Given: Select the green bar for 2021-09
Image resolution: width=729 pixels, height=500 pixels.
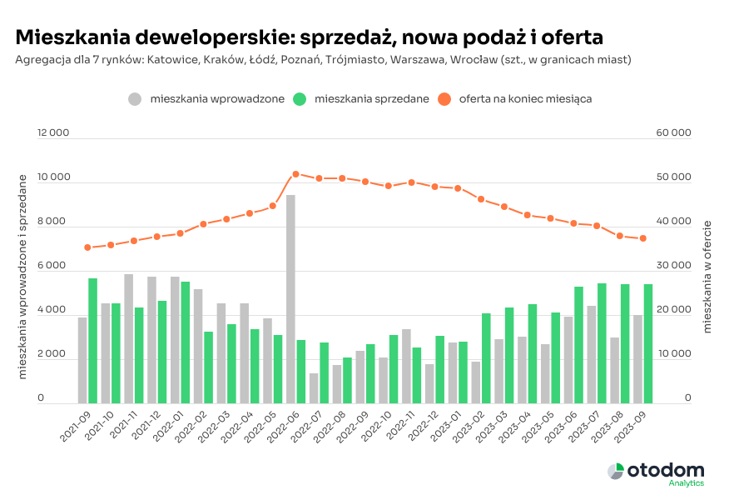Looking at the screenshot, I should click(x=93, y=340).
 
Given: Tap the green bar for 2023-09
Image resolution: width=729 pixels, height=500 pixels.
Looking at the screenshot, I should click(x=647, y=343).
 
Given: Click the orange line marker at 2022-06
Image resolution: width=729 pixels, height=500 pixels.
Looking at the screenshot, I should click(x=295, y=174).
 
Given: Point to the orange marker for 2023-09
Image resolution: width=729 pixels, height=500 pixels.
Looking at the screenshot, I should click(x=642, y=238).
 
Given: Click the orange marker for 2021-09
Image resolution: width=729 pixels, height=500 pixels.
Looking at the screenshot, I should click(x=87, y=247).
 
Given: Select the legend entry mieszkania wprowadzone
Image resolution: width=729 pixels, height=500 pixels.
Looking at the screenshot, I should click(x=206, y=99).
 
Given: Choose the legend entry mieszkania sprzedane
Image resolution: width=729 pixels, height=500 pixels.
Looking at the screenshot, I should click(x=362, y=99).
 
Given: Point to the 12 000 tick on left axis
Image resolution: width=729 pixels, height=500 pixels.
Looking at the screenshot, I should click(x=53, y=133).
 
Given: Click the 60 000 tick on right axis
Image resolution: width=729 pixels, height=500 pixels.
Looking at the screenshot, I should click(x=675, y=133).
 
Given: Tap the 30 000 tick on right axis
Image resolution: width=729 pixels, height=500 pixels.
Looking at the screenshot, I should click(x=675, y=266).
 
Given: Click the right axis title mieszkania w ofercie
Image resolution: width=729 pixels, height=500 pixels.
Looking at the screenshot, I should click(x=707, y=277).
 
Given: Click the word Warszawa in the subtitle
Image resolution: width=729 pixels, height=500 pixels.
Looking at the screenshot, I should click(x=476, y=60).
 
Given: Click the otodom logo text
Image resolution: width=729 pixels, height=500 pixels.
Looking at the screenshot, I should click(x=666, y=470).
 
